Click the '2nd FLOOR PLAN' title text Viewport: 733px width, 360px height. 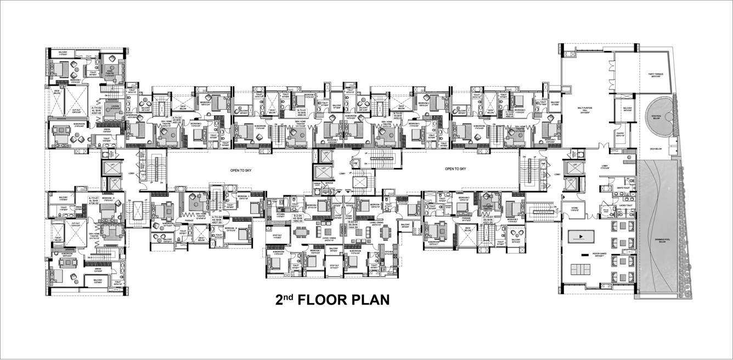332,300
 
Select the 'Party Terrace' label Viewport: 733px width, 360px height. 652,76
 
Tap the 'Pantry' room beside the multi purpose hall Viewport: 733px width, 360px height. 620,134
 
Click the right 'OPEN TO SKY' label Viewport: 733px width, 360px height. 455,170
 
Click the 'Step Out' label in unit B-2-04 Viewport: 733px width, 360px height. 277,237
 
